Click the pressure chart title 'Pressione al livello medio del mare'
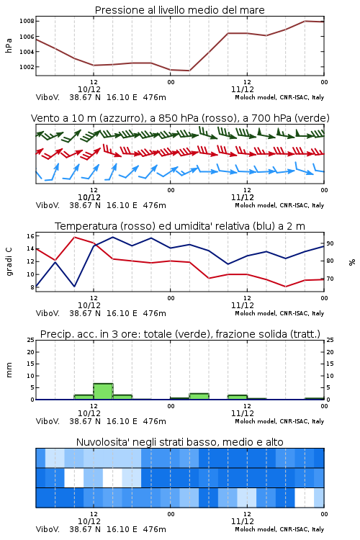pyautogui.click(x=179, y=10)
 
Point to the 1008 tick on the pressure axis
pyautogui.click(x=27, y=21)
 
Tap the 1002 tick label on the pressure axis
pyautogui.click(x=27, y=67)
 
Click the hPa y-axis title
pyautogui.click(x=9, y=45)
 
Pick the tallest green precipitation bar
pyautogui.click(x=104, y=391)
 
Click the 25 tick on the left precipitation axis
pyautogui.click(x=31, y=340)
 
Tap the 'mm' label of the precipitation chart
pyautogui.click(x=9, y=370)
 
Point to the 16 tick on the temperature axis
pyautogui.click(x=31, y=236)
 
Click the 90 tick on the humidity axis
pyautogui.click(x=330, y=243)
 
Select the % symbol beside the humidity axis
pyautogui.click(x=352, y=262)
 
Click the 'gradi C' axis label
pyautogui.click(x=9, y=262)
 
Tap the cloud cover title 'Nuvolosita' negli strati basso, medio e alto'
pyautogui.click(x=179, y=442)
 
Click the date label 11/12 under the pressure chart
pyautogui.click(x=243, y=89)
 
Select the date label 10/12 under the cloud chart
pyautogui.click(x=89, y=521)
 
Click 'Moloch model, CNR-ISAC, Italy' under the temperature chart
pyautogui.click(x=279, y=313)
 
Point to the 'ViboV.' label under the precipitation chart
pyautogui.click(x=48, y=421)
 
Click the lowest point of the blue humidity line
pyautogui.click(x=74, y=286)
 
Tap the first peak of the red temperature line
pyautogui.click(x=74, y=238)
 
